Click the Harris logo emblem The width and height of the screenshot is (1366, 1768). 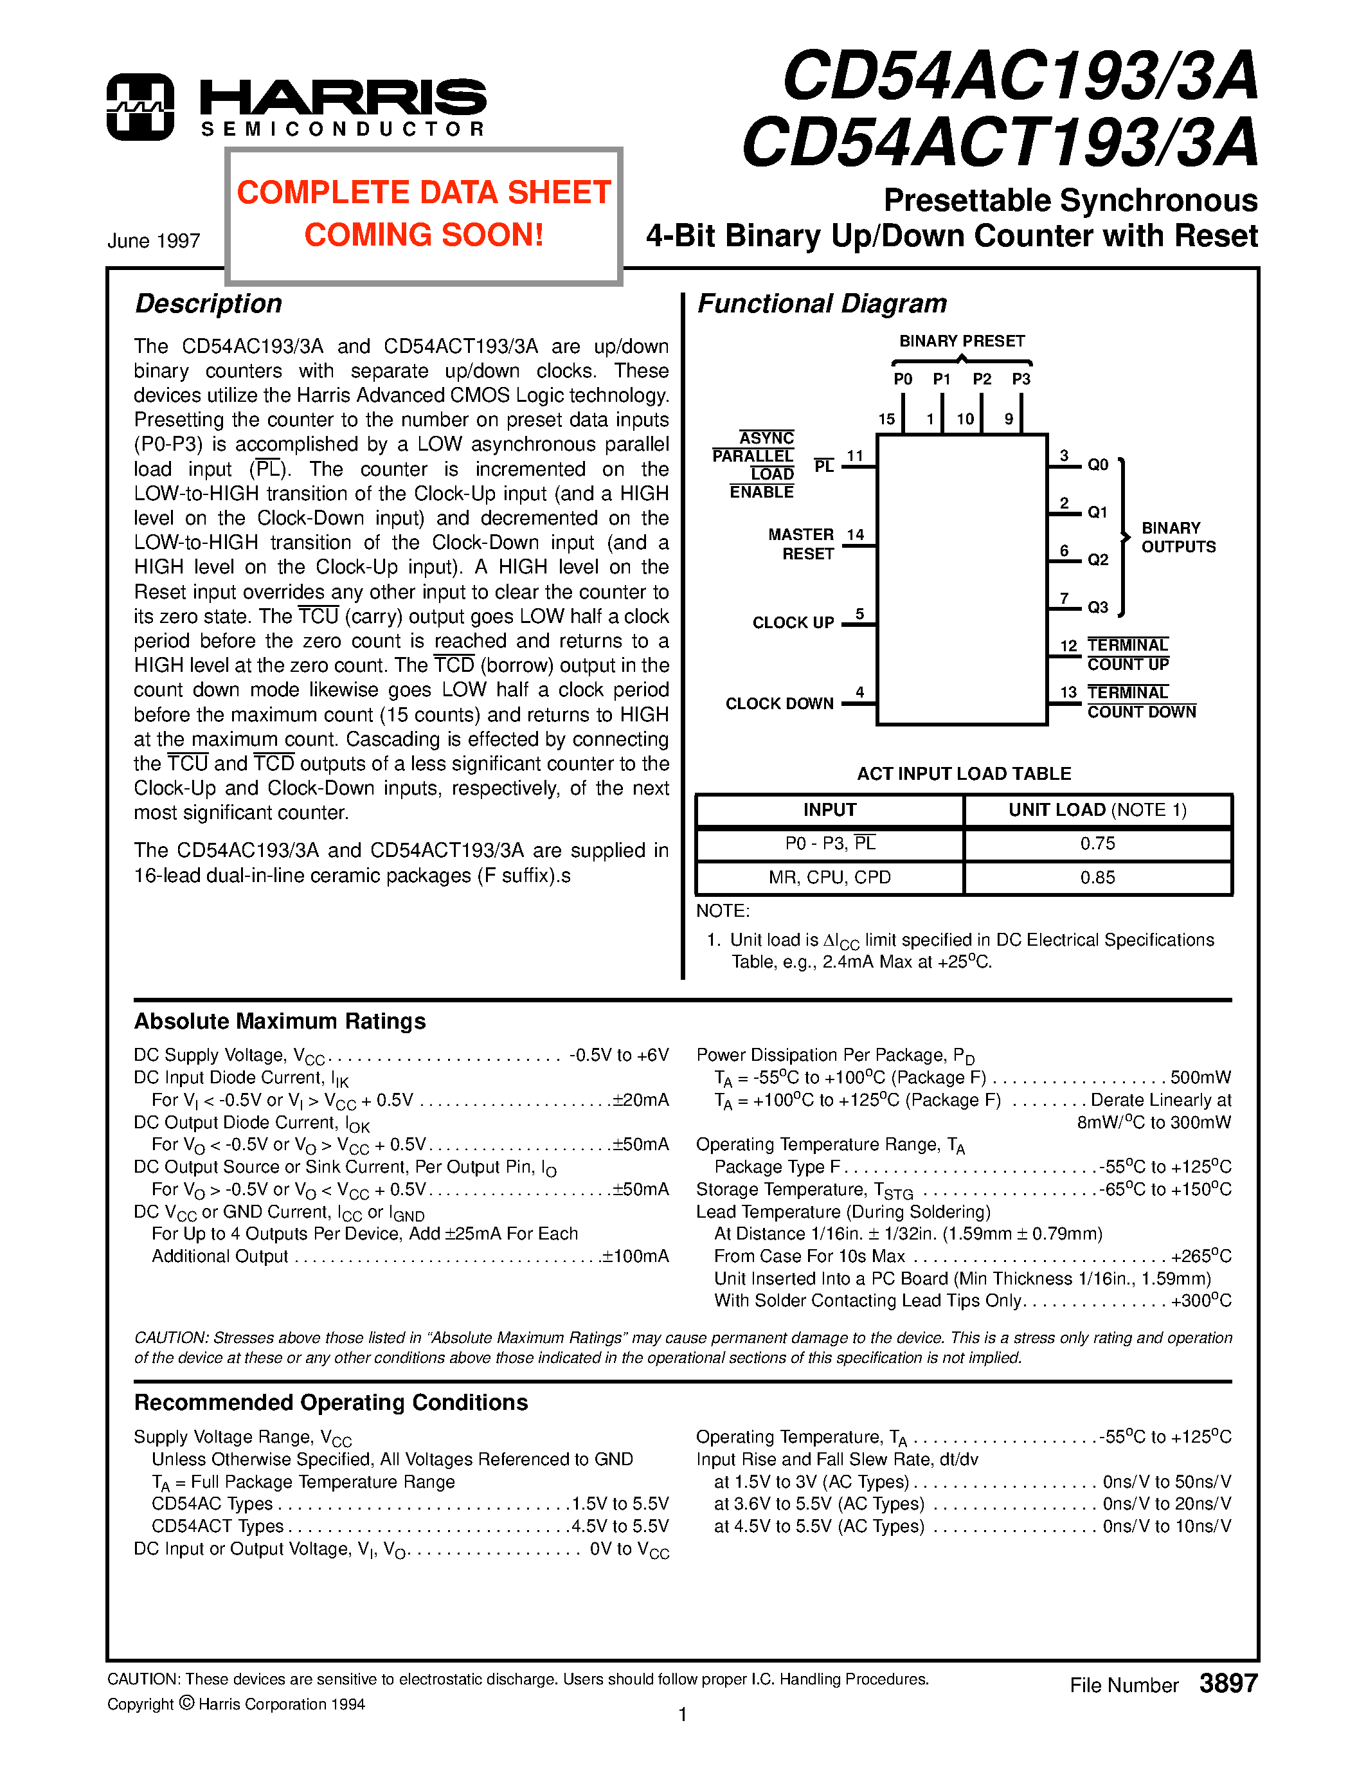click(140, 107)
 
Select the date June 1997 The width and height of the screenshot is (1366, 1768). click(154, 241)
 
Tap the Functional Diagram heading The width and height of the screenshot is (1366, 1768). click(822, 303)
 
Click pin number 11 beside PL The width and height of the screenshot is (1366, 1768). click(854, 456)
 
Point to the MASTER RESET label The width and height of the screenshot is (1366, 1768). click(801, 544)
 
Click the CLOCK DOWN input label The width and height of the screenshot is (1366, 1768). click(779, 703)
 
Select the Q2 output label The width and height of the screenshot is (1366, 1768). click(1097, 559)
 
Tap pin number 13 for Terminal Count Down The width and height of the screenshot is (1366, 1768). click(1068, 692)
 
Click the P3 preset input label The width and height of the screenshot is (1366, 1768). click(1021, 379)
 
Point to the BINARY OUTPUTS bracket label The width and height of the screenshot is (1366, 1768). click(1178, 537)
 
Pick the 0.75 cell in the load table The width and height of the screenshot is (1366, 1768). click(1097, 843)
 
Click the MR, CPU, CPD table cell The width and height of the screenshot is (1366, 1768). click(829, 878)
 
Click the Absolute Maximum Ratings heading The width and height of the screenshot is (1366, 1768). click(280, 1022)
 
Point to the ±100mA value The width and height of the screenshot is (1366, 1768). click(635, 1256)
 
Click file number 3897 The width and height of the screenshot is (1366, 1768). click(1228, 1684)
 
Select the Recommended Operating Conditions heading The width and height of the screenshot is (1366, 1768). click(331, 1403)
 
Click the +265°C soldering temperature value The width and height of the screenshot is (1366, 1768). click(1201, 1256)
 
